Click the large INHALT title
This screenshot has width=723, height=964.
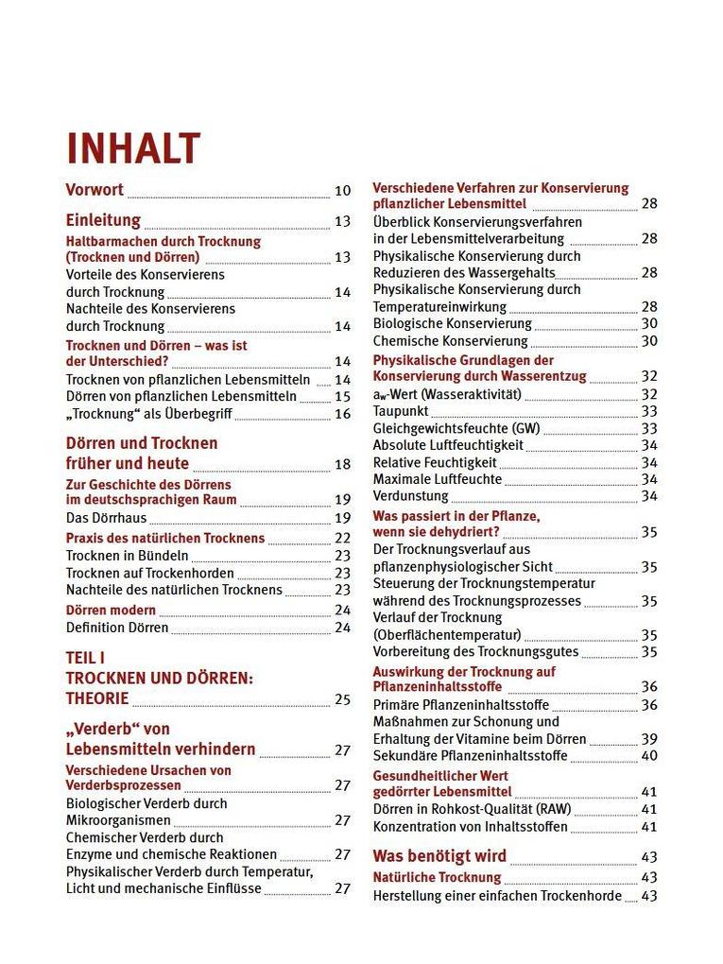point(133,148)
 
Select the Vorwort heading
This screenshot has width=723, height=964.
point(95,189)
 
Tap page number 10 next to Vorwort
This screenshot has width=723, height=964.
point(342,191)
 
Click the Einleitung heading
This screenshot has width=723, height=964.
point(103,220)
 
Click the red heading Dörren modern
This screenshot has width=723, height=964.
point(111,610)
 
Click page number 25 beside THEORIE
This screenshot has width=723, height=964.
point(342,700)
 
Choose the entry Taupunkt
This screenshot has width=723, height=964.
point(401,411)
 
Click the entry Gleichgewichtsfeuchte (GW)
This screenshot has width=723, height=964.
point(456,428)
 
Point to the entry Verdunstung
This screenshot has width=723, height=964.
point(410,495)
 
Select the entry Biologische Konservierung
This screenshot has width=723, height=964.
point(452,323)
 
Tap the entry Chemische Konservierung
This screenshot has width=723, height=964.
point(450,341)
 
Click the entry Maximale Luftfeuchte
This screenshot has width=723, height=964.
point(437,479)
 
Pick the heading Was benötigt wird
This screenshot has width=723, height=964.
point(439,856)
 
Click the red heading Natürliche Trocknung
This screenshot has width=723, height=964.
point(437,878)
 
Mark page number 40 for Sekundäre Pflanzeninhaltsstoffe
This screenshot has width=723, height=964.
point(649,756)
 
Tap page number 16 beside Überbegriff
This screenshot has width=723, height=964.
point(342,414)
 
